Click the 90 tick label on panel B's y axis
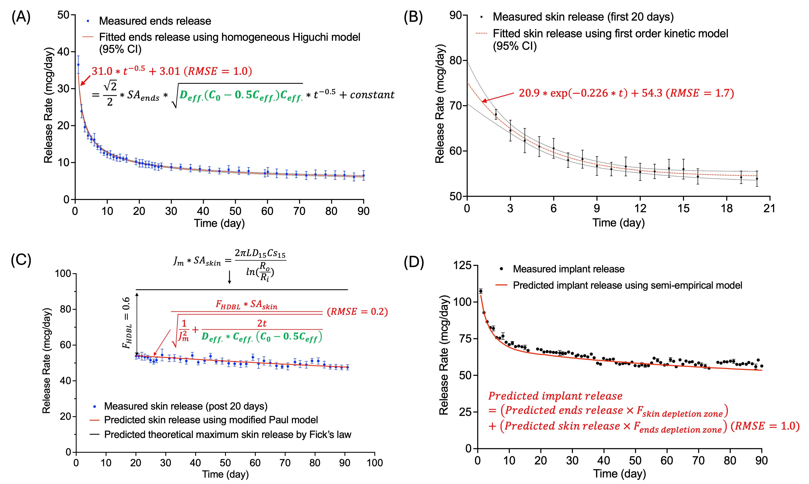tap(456, 15)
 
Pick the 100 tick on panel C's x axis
tap(375, 462)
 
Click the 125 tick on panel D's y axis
tap(462, 265)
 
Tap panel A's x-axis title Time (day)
tap(219, 223)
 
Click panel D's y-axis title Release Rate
tap(444, 356)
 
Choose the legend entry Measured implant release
tap(568, 269)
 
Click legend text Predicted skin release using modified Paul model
tap(211, 420)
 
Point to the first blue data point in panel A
tap(78, 65)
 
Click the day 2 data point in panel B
tap(496, 114)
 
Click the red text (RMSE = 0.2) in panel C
tap(357, 312)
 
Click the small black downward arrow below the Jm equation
tap(230, 277)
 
